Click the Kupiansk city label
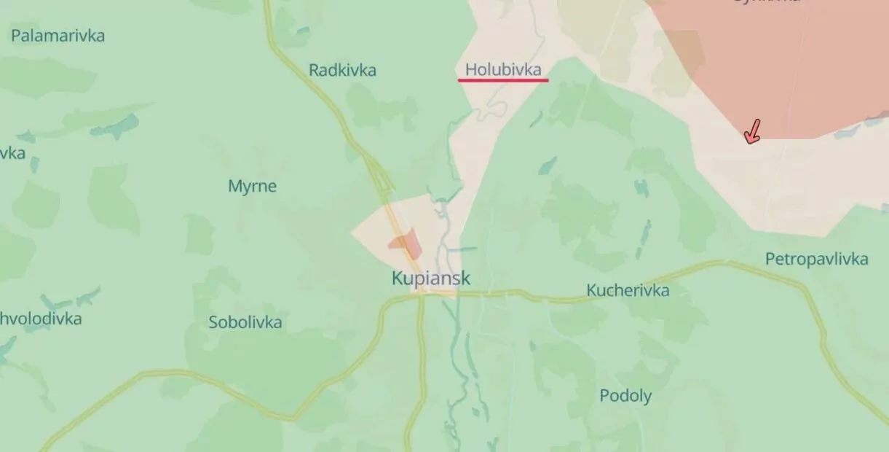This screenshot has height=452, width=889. [431, 278]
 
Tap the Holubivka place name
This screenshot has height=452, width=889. [503, 69]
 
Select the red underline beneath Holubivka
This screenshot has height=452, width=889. [503, 80]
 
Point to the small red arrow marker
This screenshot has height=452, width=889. [753, 132]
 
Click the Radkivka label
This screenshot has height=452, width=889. [342, 70]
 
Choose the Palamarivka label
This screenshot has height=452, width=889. [58, 35]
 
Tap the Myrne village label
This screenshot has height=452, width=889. [252, 186]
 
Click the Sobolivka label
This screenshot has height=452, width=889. [245, 322]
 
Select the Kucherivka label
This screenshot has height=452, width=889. [628, 291]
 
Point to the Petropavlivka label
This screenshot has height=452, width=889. [816, 259]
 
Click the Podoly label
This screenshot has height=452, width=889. [625, 396]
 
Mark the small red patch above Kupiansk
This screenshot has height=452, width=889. [406, 243]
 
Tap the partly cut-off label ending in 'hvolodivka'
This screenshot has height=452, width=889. [41, 319]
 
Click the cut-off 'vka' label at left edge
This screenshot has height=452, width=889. [12, 153]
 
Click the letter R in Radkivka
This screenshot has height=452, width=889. [314, 70]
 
